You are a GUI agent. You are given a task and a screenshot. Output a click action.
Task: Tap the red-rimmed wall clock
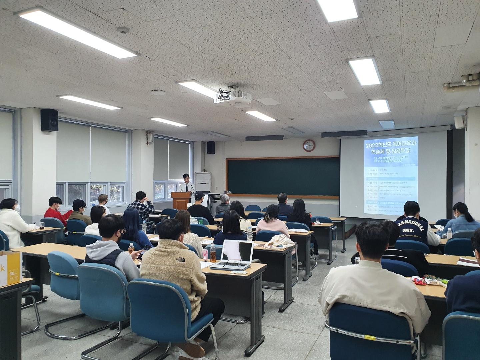point(309,145)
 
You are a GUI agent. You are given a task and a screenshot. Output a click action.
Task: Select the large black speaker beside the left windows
point(49,120)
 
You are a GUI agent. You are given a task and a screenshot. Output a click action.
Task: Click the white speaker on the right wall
point(460,122)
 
